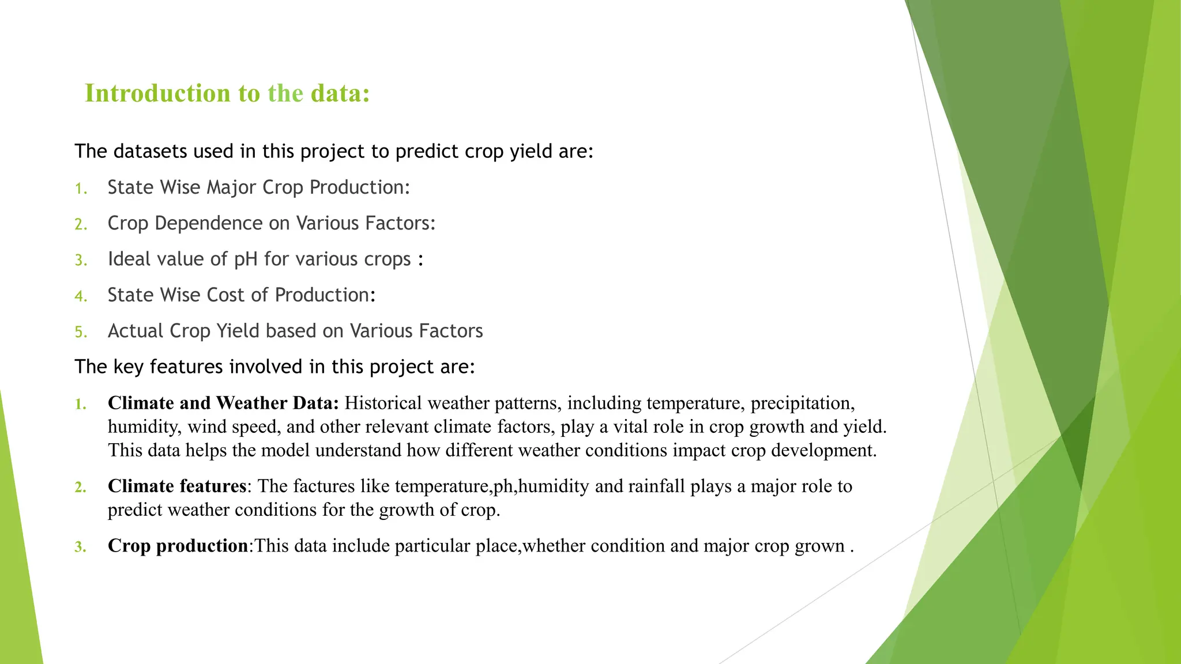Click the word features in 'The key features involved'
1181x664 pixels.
pyautogui.click(x=186, y=367)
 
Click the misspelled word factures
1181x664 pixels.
pyautogui.click(x=324, y=486)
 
